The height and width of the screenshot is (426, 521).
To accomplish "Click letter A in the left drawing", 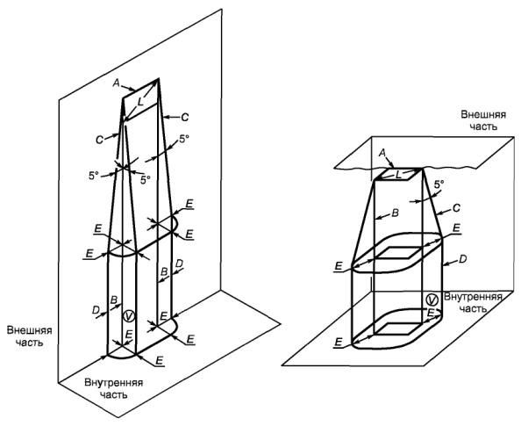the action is pyautogui.click(x=116, y=83).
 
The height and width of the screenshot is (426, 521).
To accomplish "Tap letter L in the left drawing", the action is pyautogui.click(x=141, y=102).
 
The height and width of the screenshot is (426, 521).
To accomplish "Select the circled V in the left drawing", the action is pyautogui.click(x=129, y=316).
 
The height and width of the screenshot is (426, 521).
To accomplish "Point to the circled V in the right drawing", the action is pyautogui.click(x=432, y=300).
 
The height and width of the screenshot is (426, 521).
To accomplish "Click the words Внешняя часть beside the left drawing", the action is pyautogui.click(x=30, y=336).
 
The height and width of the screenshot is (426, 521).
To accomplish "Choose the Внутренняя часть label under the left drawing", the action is pyautogui.click(x=114, y=388).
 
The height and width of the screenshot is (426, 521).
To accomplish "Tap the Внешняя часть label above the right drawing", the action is pyautogui.click(x=483, y=120).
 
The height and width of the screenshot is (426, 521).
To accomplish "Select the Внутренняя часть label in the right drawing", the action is pyautogui.click(x=473, y=302).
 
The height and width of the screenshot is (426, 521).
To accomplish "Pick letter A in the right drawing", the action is pyautogui.click(x=382, y=153).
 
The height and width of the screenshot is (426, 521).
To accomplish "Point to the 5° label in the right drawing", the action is pyautogui.click(x=439, y=184).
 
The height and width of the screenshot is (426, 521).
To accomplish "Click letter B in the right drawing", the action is pyautogui.click(x=396, y=213).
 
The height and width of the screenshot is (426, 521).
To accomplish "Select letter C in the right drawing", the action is pyautogui.click(x=457, y=208).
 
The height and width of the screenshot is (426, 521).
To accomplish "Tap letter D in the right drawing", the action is pyautogui.click(x=463, y=258).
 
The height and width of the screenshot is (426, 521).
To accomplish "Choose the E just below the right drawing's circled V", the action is pyautogui.click(x=431, y=313).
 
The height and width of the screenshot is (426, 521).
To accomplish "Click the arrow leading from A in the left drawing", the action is pyautogui.click(x=128, y=88).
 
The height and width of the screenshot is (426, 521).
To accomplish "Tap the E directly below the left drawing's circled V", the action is pyautogui.click(x=129, y=334).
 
